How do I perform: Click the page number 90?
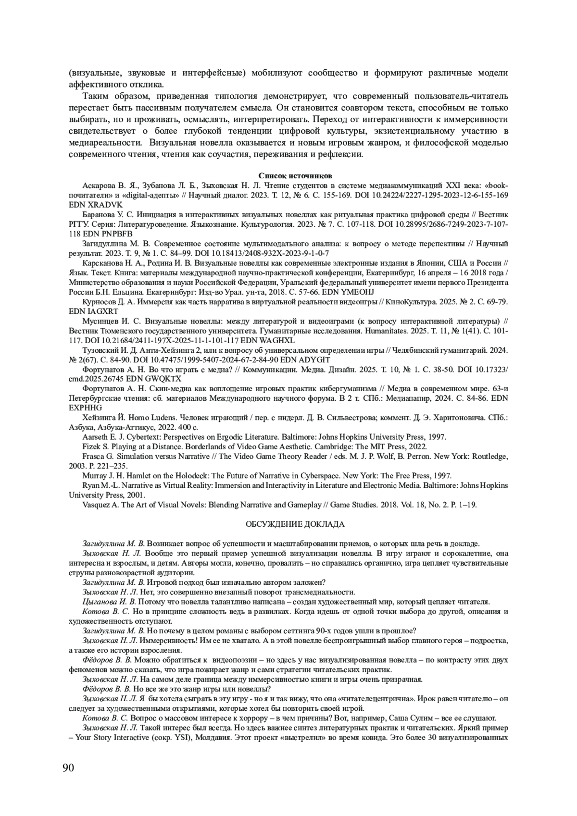tap(68, 767)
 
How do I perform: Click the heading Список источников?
tap(288, 176)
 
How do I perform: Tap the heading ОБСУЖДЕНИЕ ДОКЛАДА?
tap(288, 524)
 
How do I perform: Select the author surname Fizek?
tap(91, 447)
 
